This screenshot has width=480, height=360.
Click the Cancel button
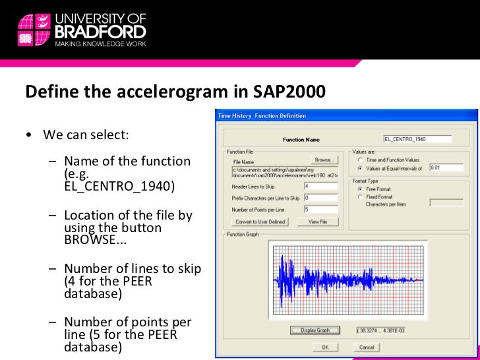367,347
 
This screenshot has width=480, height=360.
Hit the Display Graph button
315,330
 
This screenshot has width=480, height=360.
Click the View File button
317,222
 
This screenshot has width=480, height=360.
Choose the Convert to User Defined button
260,222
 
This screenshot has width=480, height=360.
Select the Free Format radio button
360,189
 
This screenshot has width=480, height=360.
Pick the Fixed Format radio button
360,196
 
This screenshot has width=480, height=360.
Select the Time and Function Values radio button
360,160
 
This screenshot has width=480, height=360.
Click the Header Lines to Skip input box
320,187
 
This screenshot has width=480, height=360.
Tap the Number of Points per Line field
320,210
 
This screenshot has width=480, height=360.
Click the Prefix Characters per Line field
320,198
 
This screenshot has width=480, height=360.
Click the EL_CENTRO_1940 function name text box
417,139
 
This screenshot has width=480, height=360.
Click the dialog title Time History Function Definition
262,116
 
